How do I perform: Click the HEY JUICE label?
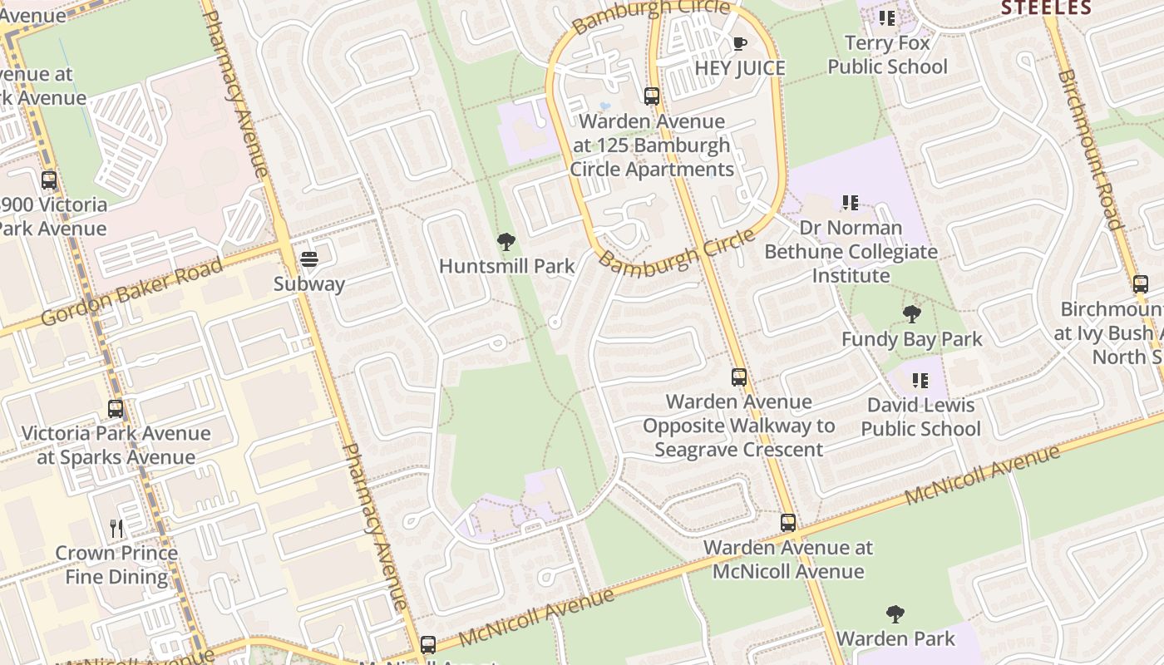(x=740, y=68)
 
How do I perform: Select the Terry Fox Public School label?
(x=887, y=55)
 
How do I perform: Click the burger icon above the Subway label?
(x=309, y=259)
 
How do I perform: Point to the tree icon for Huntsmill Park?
(x=506, y=242)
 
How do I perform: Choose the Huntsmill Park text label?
(x=506, y=266)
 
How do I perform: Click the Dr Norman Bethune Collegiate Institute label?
(x=851, y=251)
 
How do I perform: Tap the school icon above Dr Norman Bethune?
(x=850, y=202)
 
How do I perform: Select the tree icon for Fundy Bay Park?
(x=911, y=314)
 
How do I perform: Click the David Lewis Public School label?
(x=920, y=417)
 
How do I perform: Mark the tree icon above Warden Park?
(x=895, y=614)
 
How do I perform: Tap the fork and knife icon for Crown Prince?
(x=116, y=528)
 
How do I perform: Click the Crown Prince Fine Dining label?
(x=116, y=564)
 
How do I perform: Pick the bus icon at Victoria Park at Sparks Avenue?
(x=116, y=409)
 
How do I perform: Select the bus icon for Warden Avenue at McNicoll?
(x=787, y=523)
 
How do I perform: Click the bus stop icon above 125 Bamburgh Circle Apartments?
(x=652, y=96)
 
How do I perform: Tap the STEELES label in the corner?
(x=1046, y=8)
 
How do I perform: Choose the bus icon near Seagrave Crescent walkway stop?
(x=738, y=377)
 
